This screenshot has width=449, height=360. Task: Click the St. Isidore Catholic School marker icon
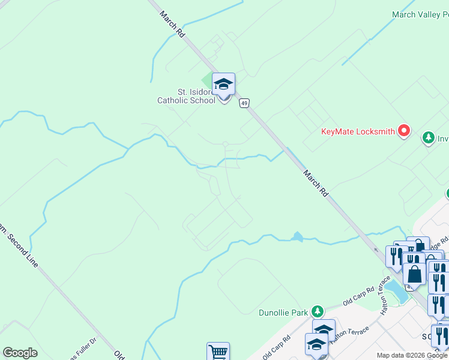[x=223, y=85]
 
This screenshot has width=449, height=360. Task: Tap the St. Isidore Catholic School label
[x=186, y=96]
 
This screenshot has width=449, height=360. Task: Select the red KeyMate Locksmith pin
[x=404, y=130]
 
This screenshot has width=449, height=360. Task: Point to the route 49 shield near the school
[x=244, y=103]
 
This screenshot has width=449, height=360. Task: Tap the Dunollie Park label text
[x=283, y=312]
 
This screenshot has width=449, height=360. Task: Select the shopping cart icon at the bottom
[x=218, y=352]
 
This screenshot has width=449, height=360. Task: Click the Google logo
[x=20, y=353]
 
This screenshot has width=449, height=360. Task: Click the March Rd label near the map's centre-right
[x=316, y=184]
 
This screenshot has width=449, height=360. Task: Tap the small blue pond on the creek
[x=297, y=236]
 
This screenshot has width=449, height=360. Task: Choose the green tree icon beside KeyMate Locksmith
[x=428, y=137]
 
